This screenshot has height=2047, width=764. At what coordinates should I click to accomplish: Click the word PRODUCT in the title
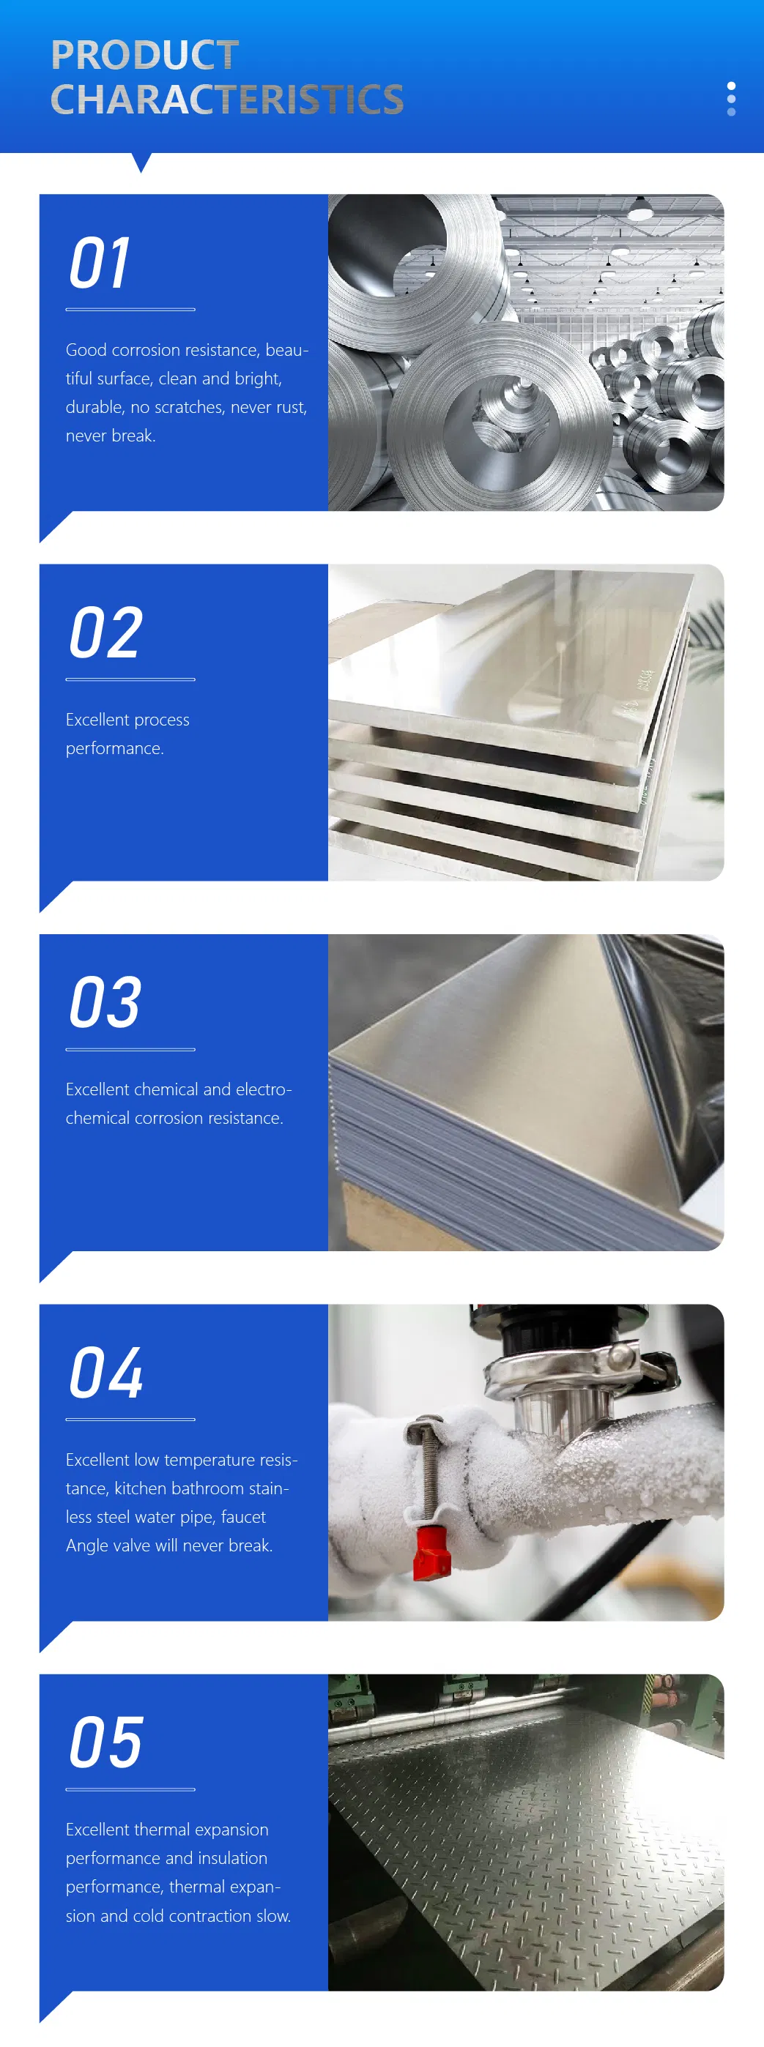(x=145, y=55)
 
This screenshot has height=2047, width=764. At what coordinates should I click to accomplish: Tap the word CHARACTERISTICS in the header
(x=226, y=100)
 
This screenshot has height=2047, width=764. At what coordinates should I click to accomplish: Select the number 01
(x=100, y=264)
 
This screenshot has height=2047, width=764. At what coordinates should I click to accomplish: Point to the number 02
(x=105, y=633)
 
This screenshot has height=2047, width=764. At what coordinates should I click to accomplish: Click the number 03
(x=105, y=1003)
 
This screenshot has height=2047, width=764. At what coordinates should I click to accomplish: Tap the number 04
(x=105, y=1373)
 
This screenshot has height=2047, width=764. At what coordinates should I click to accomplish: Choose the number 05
(x=105, y=1742)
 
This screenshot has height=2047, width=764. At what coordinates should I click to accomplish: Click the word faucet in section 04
(x=242, y=1517)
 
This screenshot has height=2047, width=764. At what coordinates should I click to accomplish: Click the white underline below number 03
(x=130, y=1050)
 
